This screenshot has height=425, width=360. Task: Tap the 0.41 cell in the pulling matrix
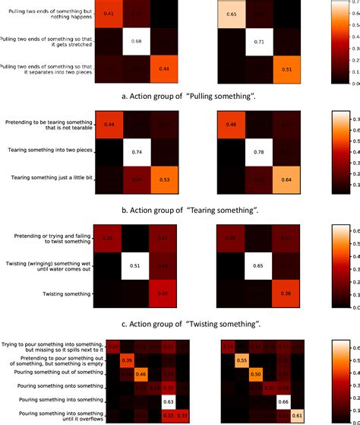pos(109,14)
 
